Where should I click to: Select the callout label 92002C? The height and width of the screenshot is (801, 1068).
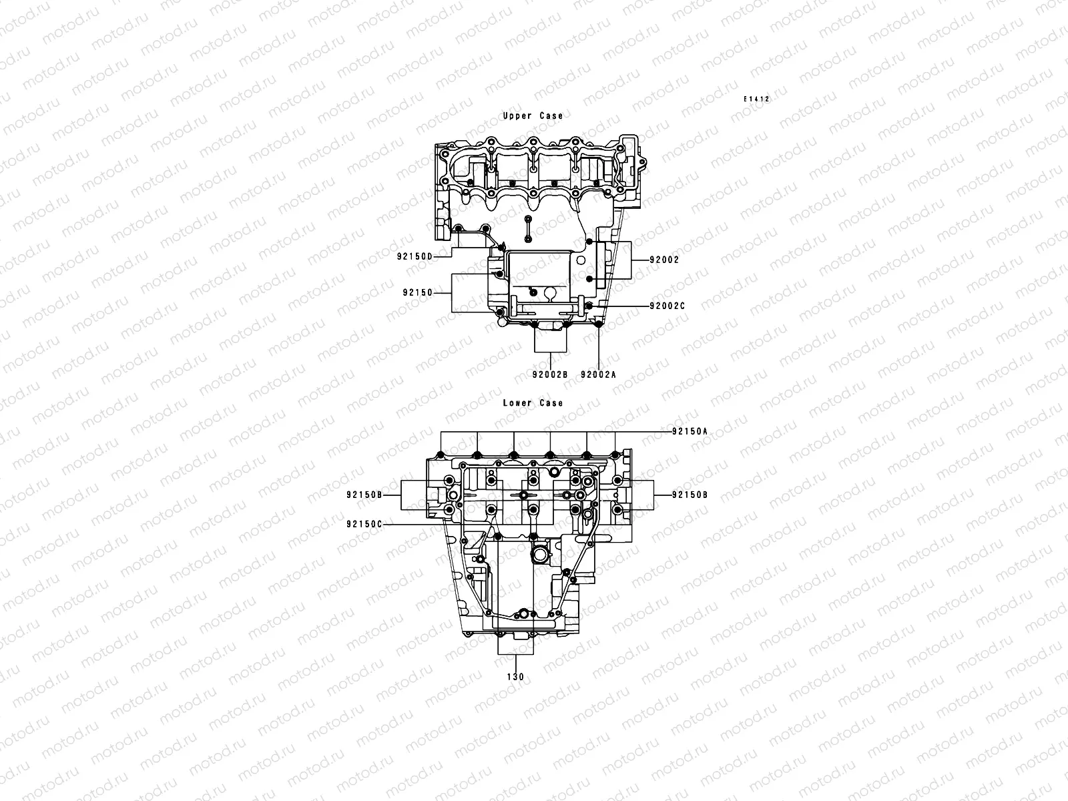(x=667, y=306)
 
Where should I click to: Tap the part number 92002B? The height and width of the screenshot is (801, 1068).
(x=549, y=374)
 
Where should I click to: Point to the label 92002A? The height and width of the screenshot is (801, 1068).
(x=598, y=374)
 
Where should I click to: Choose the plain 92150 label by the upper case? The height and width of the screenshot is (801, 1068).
(x=418, y=293)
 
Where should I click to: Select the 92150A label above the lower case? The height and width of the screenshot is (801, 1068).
(x=690, y=432)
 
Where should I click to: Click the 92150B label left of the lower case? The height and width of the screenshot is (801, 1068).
(x=364, y=495)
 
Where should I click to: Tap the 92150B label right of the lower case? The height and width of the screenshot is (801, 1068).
(x=690, y=495)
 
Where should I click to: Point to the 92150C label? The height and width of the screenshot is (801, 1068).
(x=364, y=525)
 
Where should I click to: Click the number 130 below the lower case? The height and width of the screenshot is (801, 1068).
(x=515, y=677)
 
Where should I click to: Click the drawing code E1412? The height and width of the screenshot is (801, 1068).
(x=758, y=99)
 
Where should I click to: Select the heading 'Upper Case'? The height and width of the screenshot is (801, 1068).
(x=533, y=116)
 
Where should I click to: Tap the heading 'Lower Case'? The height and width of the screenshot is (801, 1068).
(x=533, y=403)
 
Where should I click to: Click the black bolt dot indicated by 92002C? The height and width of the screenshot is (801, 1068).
(x=589, y=306)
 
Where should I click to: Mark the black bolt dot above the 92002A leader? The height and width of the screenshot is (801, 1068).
(x=599, y=324)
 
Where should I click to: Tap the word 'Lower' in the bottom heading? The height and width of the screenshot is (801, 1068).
(x=517, y=403)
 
